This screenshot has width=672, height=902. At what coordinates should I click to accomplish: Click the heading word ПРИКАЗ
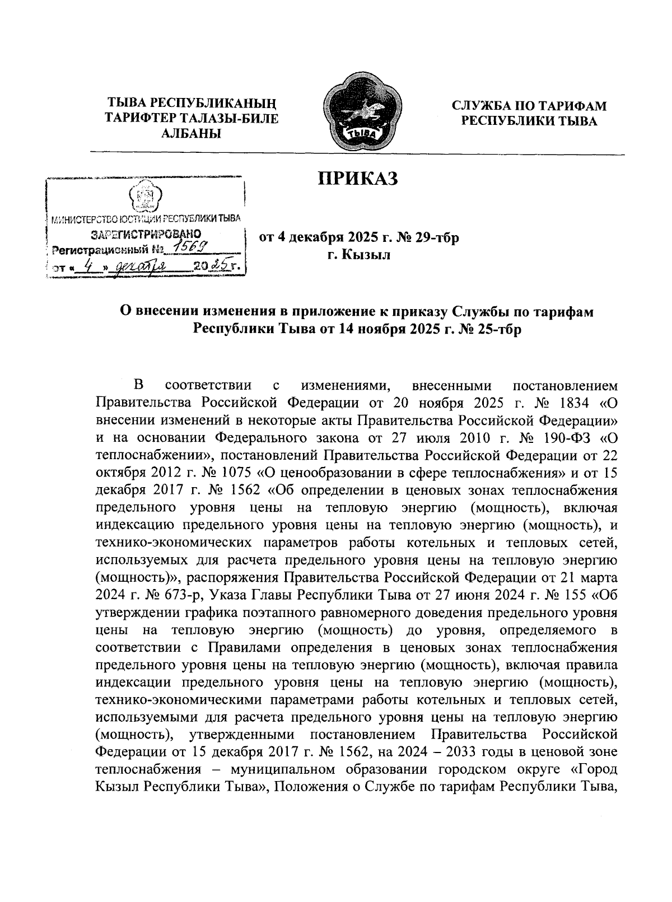click(357, 179)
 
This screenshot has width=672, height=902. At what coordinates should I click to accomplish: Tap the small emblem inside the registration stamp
click(145, 197)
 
